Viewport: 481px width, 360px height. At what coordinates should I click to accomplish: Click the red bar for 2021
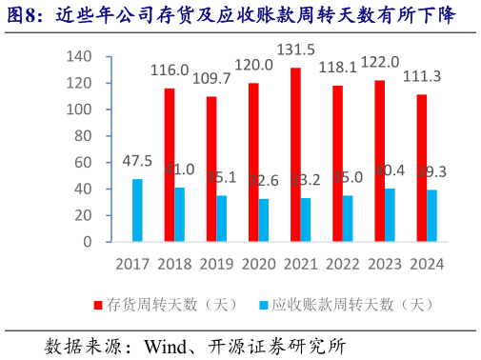tap(295, 154)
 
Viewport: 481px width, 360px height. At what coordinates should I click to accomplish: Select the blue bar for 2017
tap(138, 210)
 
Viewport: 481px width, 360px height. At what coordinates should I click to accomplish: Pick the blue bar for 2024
tap(431, 216)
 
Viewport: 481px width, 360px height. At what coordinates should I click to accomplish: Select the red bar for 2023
tap(379, 161)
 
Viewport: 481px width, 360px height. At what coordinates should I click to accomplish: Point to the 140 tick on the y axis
tap(80, 57)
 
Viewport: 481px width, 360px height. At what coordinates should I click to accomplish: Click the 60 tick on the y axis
tap(84, 163)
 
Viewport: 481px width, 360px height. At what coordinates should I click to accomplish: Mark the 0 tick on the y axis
tap(88, 242)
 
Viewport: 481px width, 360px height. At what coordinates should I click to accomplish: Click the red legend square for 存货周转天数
tap(97, 305)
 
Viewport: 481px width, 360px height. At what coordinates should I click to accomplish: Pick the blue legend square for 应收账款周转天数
tap(263, 305)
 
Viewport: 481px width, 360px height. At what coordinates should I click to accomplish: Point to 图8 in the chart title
tap(25, 14)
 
